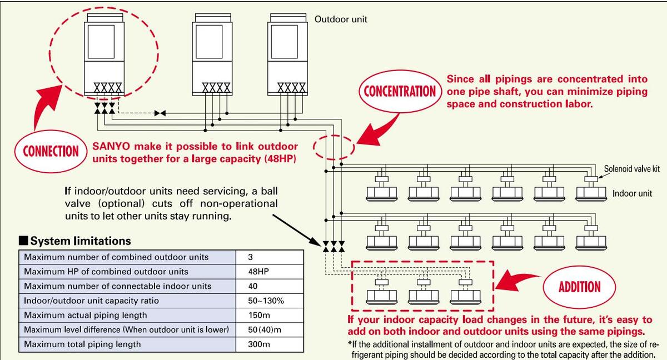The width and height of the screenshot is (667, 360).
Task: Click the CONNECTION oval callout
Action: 51,151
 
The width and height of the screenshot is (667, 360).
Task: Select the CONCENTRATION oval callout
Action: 400,91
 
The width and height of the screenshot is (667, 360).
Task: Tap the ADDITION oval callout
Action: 579,287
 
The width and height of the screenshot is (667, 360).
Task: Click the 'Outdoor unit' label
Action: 341,19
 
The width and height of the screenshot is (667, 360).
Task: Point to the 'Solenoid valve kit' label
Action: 632,168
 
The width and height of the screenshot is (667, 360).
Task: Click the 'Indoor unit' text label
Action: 632,194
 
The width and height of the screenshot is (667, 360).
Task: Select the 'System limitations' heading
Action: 80,241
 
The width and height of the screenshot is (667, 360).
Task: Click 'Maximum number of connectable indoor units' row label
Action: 118,286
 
